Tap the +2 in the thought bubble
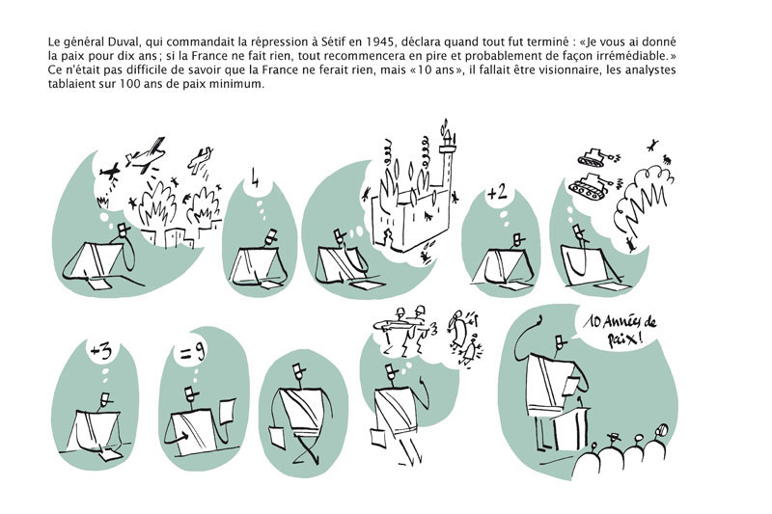point(497,193)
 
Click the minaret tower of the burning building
point(446,164)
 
